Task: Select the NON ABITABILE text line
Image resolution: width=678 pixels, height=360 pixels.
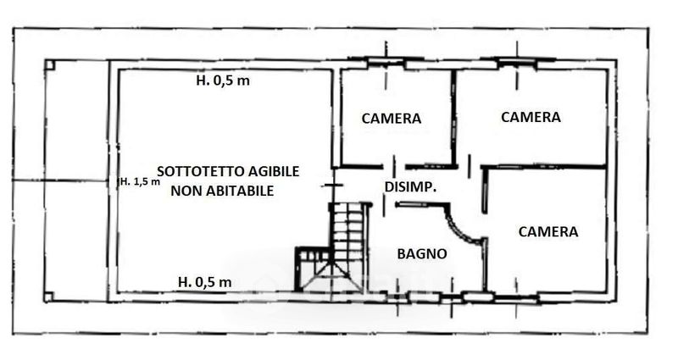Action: click(x=222, y=191)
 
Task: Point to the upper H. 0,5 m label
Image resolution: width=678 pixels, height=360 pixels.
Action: click(x=223, y=80)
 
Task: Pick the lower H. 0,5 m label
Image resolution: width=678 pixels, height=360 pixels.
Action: click(x=205, y=282)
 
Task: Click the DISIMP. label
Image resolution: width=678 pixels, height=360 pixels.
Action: click(x=410, y=187)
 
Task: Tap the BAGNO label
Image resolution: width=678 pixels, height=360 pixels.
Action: click(x=422, y=253)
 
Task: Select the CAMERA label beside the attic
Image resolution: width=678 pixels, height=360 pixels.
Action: click(x=392, y=119)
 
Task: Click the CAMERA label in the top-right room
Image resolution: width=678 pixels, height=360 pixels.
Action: click(x=531, y=117)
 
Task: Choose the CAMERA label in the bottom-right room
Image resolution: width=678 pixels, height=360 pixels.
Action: click(x=548, y=231)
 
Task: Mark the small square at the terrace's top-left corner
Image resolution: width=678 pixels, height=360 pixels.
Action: click(x=50, y=65)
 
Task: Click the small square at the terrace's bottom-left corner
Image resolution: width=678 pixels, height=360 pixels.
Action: click(x=49, y=297)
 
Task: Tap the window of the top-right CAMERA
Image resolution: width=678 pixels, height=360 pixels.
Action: click(x=517, y=63)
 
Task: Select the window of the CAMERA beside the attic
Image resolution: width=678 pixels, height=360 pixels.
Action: click(x=386, y=63)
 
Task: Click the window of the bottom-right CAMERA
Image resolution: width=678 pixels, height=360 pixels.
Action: click(x=516, y=297)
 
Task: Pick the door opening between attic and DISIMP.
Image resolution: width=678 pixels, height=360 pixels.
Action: click(x=332, y=186)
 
